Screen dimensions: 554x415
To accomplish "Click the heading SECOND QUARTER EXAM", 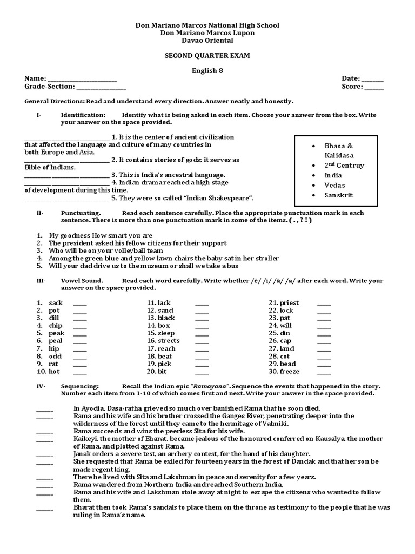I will (x=207, y=56).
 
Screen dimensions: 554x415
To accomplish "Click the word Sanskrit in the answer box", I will (x=338, y=195).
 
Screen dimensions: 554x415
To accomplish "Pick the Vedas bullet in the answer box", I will (x=334, y=185).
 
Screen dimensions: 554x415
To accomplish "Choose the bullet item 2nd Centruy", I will (x=344, y=166).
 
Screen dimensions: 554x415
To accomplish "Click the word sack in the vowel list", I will (x=56, y=303).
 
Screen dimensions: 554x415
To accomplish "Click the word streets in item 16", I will (x=169, y=341).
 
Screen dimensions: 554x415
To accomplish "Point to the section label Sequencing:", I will (x=80, y=386).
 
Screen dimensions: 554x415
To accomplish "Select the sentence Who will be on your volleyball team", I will (x=106, y=251).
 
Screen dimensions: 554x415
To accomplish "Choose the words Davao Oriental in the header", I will (x=207, y=41).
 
